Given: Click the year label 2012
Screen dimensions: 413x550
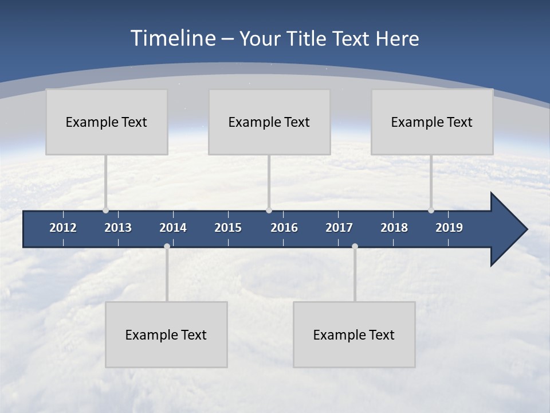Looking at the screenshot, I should (x=63, y=228).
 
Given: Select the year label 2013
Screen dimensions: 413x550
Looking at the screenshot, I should (x=118, y=228).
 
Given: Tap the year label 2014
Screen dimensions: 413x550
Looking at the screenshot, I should (x=173, y=228).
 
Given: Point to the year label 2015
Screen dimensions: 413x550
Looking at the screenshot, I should (x=228, y=228).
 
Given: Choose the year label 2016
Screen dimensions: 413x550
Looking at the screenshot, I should (x=284, y=228).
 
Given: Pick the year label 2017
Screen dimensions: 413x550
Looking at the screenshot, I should (x=339, y=228).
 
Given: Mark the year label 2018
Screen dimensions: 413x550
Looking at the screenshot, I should (x=394, y=228).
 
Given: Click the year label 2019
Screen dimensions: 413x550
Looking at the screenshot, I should (x=449, y=228).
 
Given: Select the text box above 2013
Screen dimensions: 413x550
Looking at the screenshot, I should (x=107, y=122).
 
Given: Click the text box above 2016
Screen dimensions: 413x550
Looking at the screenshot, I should (x=269, y=122).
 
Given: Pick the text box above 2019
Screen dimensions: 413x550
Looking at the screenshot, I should (x=432, y=122).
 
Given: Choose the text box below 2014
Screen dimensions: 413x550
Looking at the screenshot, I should (x=166, y=334).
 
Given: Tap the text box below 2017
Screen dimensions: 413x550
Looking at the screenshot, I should (x=354, y=334).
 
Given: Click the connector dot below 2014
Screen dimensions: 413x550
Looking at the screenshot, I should (x=167, y=247).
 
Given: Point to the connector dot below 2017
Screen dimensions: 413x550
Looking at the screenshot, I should (x=355, y=247).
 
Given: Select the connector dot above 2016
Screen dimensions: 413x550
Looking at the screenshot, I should (x=269, y=210).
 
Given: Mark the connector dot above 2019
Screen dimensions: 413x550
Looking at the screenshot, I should (x=431, y=210).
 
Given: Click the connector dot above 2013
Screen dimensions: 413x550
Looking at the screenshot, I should (x=105, y=210).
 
